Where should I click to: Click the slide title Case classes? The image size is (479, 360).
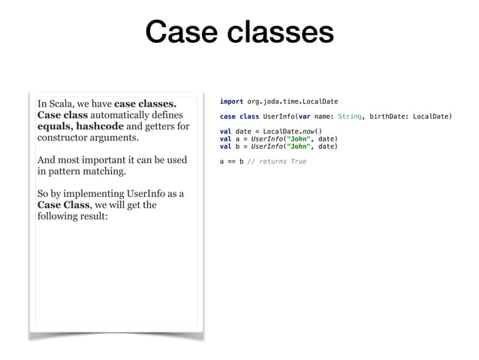click(239, 33)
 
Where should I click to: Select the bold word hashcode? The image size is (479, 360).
click(101, 127)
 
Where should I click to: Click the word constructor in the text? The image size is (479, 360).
click(67, 139)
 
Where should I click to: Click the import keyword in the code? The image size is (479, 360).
click(231, 101)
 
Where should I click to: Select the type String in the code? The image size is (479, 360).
click(350, 116)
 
